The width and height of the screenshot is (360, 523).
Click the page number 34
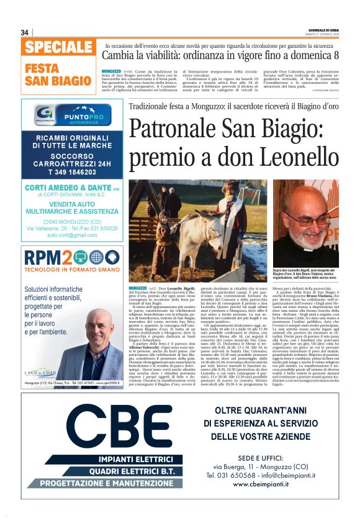coord(25,32)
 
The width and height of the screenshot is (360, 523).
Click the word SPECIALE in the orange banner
coord(59,47)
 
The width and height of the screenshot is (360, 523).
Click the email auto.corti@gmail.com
coord(73,235)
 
